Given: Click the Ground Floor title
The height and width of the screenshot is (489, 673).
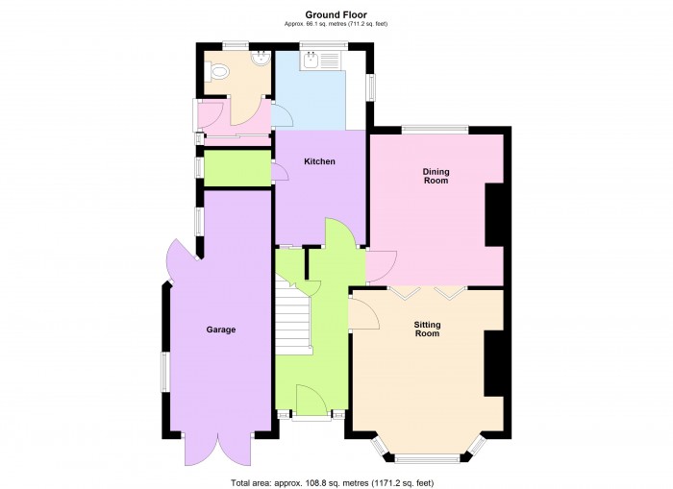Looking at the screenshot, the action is (336, 15).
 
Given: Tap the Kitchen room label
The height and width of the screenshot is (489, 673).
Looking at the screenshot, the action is (319, 161).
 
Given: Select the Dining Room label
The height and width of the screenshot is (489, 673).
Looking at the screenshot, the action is (436, 176).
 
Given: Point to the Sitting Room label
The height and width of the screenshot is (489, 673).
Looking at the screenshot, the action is (428, 329).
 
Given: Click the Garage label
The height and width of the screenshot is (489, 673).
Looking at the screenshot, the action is (221, 330).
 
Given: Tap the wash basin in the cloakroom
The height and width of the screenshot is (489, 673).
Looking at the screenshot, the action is (261, 59).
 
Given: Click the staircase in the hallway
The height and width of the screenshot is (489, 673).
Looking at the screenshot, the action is (292, 316).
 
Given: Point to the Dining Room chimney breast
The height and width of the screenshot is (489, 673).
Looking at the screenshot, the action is (494, 215).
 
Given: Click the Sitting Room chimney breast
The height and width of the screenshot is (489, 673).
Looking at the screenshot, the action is (493, 363).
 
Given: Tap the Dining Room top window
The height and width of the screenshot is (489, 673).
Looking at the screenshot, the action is (436, 129).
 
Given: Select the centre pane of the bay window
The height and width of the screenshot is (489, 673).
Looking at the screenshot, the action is (427, 459).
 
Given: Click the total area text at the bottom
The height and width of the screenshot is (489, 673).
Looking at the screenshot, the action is (333, 483).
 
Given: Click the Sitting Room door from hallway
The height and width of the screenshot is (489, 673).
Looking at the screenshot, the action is (364, 313).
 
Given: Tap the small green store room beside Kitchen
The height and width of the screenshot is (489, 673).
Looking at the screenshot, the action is (237, 168).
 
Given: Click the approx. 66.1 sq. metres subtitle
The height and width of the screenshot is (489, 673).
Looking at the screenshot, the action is (336, 24).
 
